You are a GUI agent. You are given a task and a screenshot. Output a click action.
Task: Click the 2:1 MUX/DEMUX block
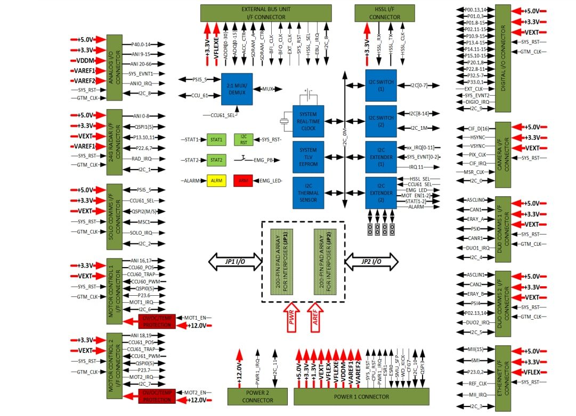pyautogui.click(x=236, y=88)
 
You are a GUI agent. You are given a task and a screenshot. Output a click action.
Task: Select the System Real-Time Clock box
pyautogui.click(x=308, y=121)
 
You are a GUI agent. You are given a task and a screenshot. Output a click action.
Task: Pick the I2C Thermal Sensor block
pyautogui.click(x=308, y=193)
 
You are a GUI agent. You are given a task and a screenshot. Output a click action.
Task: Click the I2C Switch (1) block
pyautogui.click(x=380, y=85)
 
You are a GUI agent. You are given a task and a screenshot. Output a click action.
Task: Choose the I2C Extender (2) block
pyautogui.click(x=380, y=193)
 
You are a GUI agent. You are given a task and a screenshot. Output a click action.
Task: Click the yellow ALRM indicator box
pyautogui.click(x=216, y=181)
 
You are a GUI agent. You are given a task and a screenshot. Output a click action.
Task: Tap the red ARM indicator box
pyautogui.click(x=243, y=181)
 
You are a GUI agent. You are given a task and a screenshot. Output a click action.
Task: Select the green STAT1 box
pyautogui.click(x=216, y=140)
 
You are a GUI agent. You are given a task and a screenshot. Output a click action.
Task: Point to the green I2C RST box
pyautogui.click(x=243, y=140)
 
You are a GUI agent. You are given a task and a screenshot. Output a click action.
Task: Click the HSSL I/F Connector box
pyautogui.click(x=384, y=13)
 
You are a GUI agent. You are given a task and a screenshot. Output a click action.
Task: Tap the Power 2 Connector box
pyautogui.click(x=257, y=396)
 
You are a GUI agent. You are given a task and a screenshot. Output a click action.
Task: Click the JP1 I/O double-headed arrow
pyautogui.click(x=234, y=261)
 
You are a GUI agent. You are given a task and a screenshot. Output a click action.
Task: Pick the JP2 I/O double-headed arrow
pyautogui.click(x=371, y=261)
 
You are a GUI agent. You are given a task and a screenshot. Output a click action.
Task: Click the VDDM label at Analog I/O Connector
pyautogui.click(x=85, y=60)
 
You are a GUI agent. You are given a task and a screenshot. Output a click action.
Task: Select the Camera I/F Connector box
pyautogui.click(x=503, y=154)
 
